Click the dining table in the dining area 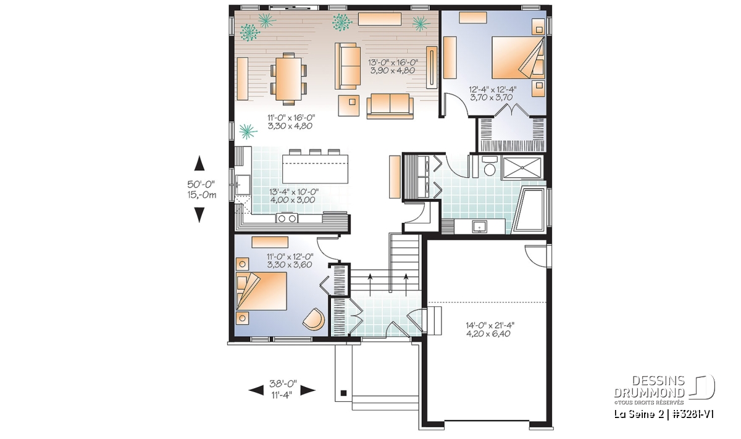[289, 79]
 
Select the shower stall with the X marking [522, 168]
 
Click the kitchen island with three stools [315, 169]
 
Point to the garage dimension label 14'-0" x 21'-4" [490, 329]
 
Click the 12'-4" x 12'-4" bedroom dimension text [493, 93]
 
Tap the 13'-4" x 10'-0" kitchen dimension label [293, 196]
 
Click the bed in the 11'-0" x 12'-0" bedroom [261, 291]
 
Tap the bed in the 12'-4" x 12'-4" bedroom [518, 57]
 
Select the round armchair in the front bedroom [314, 319]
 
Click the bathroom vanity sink [479, 227]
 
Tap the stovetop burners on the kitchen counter [287, 218]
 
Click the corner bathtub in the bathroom [529, 210]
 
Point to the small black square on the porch [344, 393]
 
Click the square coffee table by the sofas [349, 106]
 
